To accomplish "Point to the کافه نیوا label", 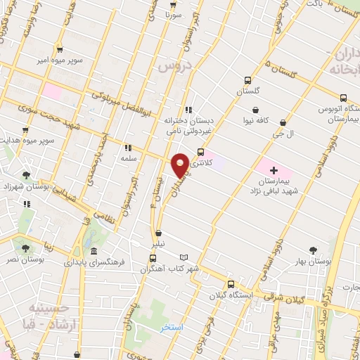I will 258,120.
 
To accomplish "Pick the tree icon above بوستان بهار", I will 314,250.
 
